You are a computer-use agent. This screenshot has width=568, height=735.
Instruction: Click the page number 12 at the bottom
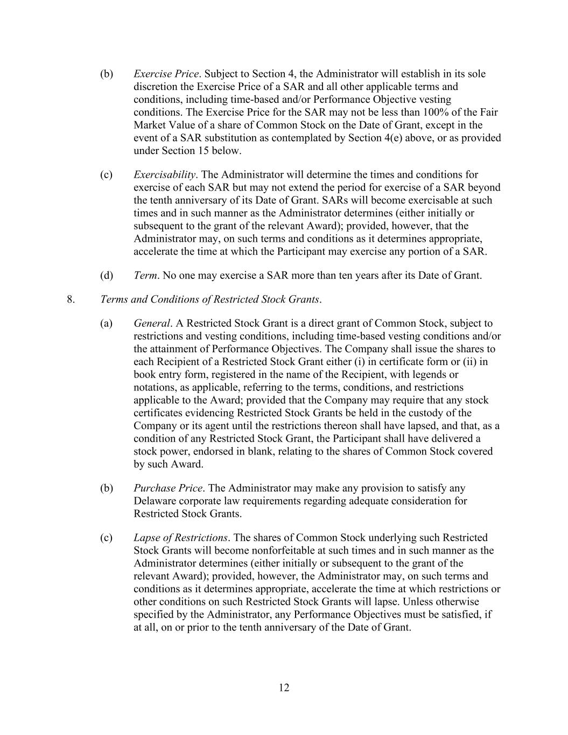pyautogui.click(x=284, y=688)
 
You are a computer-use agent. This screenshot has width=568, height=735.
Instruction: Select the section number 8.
pyautogui.click(x=71, y=299)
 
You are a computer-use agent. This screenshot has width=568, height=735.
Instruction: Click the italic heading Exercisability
pyautogui.click(x=165, y=174)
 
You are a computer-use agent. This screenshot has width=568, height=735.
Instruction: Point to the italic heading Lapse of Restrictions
pyautogui.click(x=180, y=537)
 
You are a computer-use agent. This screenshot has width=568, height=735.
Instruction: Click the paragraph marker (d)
pyautogui.click(x=107, y=276)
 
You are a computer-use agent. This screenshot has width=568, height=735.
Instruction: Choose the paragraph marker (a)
pyautogui.click(x=107, y=323)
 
